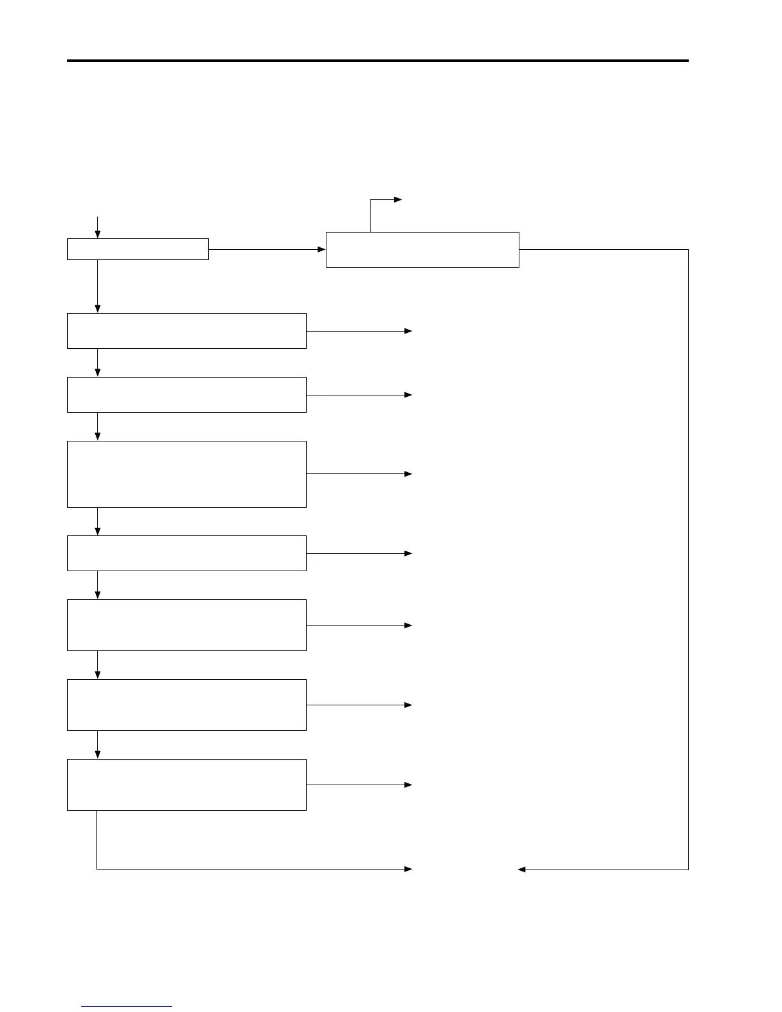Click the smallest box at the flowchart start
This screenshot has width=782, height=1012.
[x=137, y=249]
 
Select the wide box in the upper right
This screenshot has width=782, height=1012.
[x=422, y=250]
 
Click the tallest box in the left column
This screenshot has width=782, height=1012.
[x=187, y=474]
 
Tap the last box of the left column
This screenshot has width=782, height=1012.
[x=187, y=785]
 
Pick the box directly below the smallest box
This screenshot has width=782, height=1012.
[x=187, y=331]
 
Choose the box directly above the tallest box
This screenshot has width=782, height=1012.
[x=187, y=395]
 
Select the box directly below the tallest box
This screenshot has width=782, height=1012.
[x=187, y=553]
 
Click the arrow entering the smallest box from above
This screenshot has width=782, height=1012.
[x=97, y=227]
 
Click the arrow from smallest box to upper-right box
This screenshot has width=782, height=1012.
[x=267, y=249]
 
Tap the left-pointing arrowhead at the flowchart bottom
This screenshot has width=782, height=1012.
[x=521, y=870]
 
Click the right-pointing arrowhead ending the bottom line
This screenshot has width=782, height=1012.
[x=408, y=869]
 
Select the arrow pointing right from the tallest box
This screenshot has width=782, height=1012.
[x=359, y=474]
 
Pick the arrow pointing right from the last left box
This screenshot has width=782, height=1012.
[x=359, y=785]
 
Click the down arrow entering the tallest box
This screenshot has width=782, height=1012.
[x=97, y=427]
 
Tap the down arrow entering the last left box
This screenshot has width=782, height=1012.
[x=97, y=745]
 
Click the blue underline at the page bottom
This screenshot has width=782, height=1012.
[x=126, y=1007]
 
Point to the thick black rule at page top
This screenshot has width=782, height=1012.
[x=378, y=61]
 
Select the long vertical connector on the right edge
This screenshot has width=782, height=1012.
[x=688, y=559]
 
